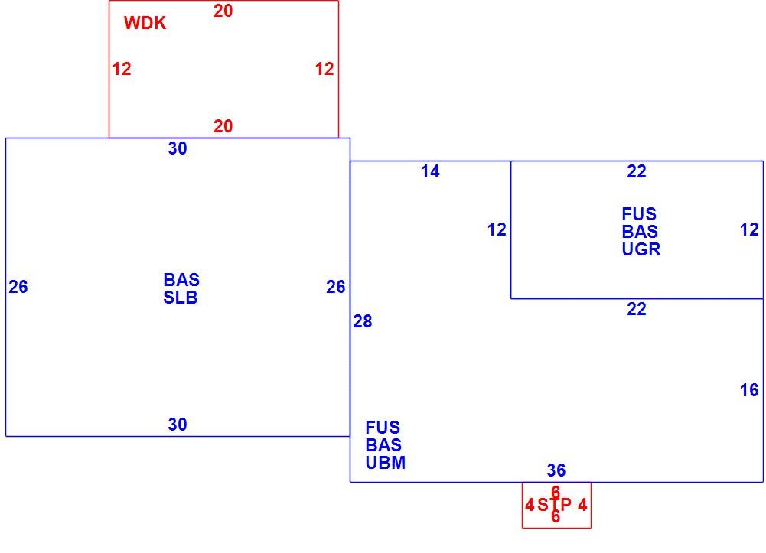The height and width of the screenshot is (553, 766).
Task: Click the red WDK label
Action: coord(145,23)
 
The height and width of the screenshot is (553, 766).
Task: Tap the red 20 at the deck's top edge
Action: coord(223,11)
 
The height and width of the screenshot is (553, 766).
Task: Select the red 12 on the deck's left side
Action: coord(122,69)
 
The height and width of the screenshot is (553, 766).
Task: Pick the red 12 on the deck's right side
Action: coord(324,69)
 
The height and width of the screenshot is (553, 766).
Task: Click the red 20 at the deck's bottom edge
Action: coord(223,126)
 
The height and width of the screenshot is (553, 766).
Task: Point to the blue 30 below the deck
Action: coord(178,148)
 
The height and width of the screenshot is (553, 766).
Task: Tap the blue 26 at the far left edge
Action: coord(18,287)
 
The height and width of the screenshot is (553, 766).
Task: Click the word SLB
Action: coord(181,298)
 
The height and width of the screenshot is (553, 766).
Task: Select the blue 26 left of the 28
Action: coord(336,287)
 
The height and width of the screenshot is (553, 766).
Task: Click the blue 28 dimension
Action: coord(363,321)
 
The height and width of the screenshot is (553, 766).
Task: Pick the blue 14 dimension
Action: coord(430,171)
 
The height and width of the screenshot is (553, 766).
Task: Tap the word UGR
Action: coord(641,249)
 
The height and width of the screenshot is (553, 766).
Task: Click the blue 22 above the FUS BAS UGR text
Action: coord(637,171)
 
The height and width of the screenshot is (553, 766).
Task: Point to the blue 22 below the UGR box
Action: coord(637,309)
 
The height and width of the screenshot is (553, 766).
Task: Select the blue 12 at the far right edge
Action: coord(749,229)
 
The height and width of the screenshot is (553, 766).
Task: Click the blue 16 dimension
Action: coord(749,390)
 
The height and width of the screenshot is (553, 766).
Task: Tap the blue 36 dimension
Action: coord(556,470)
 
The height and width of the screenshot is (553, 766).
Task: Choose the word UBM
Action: coord(386,463)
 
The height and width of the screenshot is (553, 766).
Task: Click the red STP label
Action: coord(555,505)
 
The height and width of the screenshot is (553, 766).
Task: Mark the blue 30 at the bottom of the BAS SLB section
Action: coord(178,425)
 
